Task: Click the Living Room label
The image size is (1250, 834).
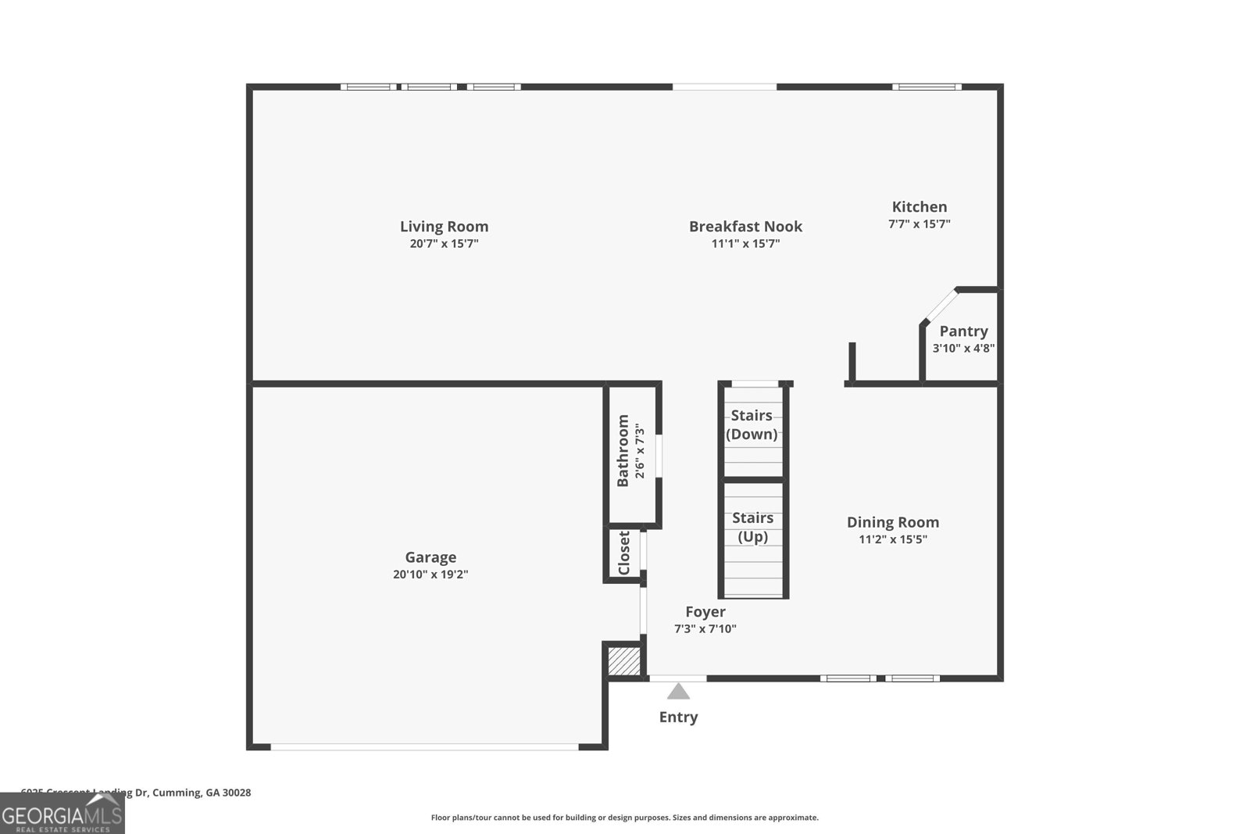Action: tap(444, 227)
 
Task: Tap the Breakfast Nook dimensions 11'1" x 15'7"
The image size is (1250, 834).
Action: tap(745, 244)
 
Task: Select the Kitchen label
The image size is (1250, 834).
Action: tap(920, 207)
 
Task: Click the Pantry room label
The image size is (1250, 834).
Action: tap(963, 331)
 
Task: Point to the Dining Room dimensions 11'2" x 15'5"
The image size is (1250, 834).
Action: tap(893, 539)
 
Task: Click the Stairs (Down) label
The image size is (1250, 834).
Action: tap(752, 424)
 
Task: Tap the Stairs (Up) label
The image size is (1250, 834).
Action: tap(753, 527)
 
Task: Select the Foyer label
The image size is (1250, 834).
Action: tap(705, 612)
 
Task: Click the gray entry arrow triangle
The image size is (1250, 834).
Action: tap(678, 692)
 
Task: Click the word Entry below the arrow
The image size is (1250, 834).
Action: tap(678, 717)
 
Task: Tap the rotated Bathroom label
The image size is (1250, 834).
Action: tap(623, 451)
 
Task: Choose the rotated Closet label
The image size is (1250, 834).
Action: tap(624, 553)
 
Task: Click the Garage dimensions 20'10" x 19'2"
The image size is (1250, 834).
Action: tap(430, 574)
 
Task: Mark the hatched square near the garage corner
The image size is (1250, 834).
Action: tap(623, 661)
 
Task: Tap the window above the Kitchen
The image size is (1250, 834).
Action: tap(927, 87)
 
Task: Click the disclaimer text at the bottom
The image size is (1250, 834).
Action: tap(624, 818)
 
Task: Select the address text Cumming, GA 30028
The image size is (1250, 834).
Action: tap(202, 793)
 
